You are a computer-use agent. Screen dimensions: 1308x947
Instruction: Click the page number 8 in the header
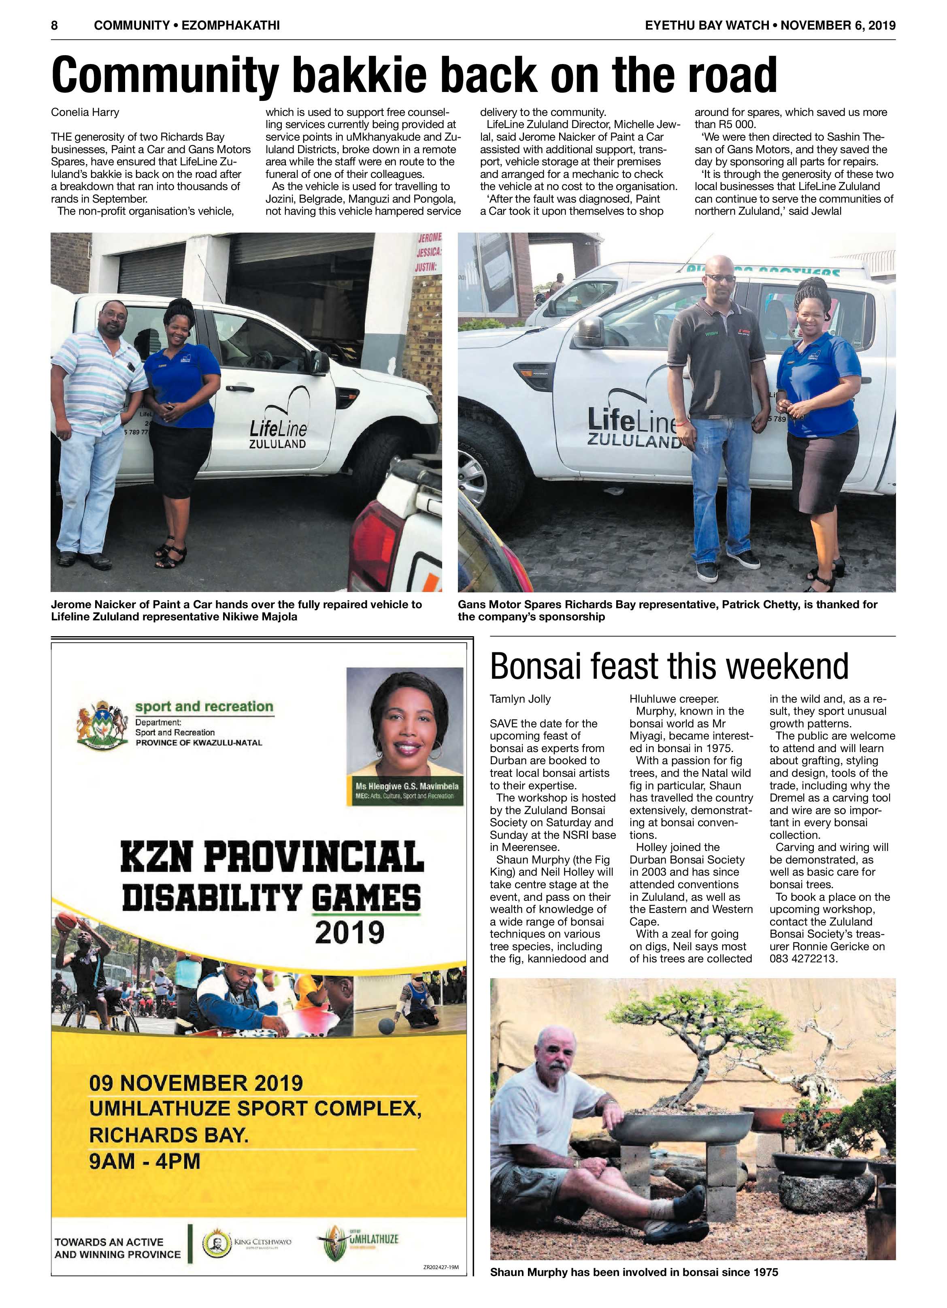(54, 26)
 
